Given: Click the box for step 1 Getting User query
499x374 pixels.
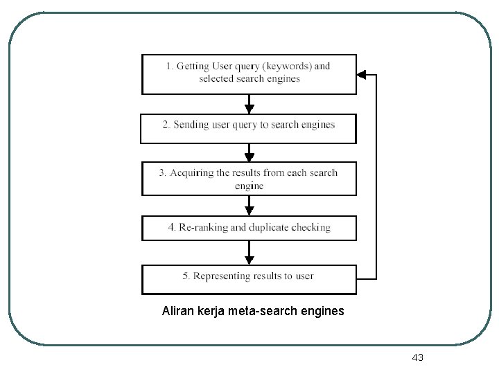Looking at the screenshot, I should coord(249,73).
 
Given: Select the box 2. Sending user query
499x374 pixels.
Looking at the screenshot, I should coord(248,128).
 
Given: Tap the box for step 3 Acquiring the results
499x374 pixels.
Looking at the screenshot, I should coord(249,179).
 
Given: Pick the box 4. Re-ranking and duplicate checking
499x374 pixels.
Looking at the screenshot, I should coord(249,228).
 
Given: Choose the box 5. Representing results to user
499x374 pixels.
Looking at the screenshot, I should coord(249,279).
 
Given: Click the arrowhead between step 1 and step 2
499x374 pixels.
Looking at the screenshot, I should coord(249,108).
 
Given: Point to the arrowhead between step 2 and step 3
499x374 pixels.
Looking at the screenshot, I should coord(249,156).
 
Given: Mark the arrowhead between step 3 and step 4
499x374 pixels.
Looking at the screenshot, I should coord(249,211).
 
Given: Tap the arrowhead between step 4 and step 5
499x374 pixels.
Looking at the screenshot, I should coord(249,259).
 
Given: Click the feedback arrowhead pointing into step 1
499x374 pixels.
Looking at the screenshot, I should coord(362,74).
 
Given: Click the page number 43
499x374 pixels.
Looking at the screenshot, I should coord(417,357).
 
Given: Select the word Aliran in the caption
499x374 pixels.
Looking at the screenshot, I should coord(177,312).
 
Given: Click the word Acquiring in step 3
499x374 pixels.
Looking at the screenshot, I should coord(192,172).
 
